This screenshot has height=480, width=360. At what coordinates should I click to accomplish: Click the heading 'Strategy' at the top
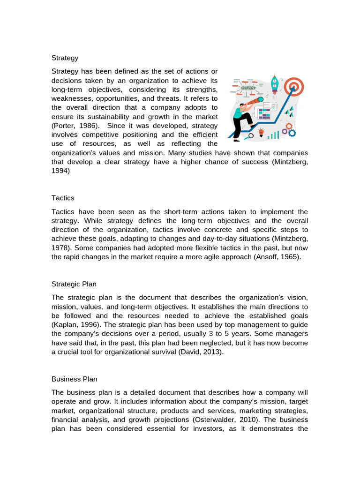coord(65,58)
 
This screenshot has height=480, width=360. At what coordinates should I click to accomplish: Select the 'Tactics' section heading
coord(63,198)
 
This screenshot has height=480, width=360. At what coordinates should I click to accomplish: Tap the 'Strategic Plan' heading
coord(74,284)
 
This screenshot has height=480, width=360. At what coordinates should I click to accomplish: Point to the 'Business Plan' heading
coord(74,379)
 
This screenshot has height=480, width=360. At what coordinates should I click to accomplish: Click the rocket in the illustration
coord(275,84)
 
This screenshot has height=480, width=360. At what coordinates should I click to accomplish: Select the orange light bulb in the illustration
coord(262,132)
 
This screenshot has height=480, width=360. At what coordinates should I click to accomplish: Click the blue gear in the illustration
coord(292,134)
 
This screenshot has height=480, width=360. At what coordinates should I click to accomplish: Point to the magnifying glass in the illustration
coord(250,135)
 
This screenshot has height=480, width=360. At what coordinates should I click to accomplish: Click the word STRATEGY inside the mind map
coord(248,88)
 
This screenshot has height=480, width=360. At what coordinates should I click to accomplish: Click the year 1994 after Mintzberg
coord(60,171)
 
